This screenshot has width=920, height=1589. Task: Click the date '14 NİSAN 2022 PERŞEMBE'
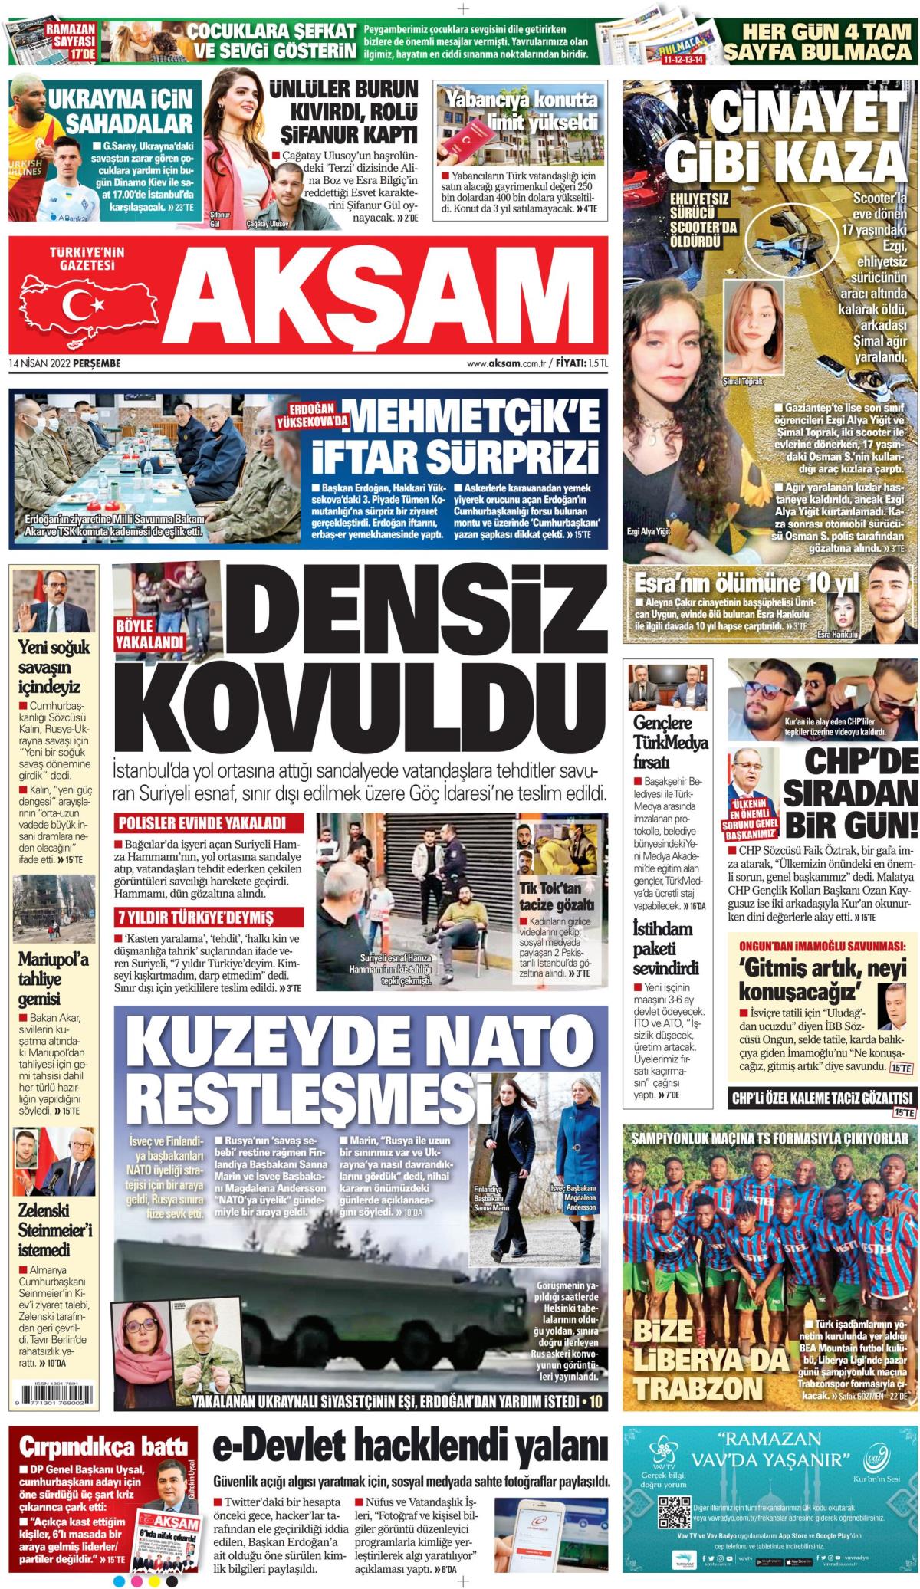65,363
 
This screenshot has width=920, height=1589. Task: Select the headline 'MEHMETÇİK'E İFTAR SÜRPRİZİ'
452,436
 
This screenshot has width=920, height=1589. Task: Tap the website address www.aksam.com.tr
510,363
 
